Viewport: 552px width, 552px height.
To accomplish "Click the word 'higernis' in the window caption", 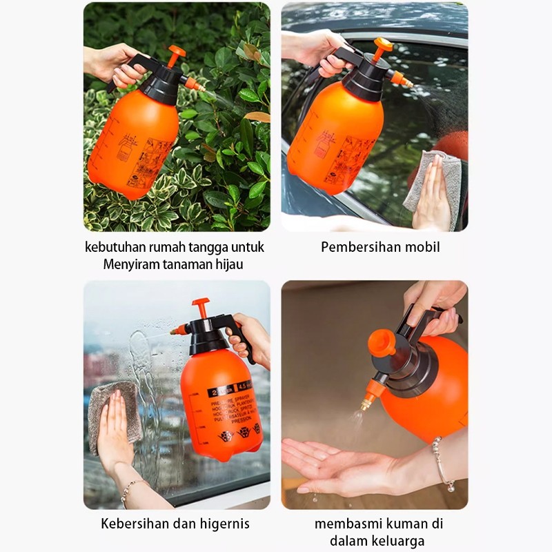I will (x=224, y=523).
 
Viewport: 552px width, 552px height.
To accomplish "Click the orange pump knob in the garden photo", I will (x=176, y=52).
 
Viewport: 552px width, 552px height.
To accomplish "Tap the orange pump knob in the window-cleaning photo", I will (x=201, y=305).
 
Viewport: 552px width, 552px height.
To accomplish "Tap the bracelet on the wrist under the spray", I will (x=442, y=463).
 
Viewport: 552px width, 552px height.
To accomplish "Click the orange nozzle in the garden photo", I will (x=194, y=84).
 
